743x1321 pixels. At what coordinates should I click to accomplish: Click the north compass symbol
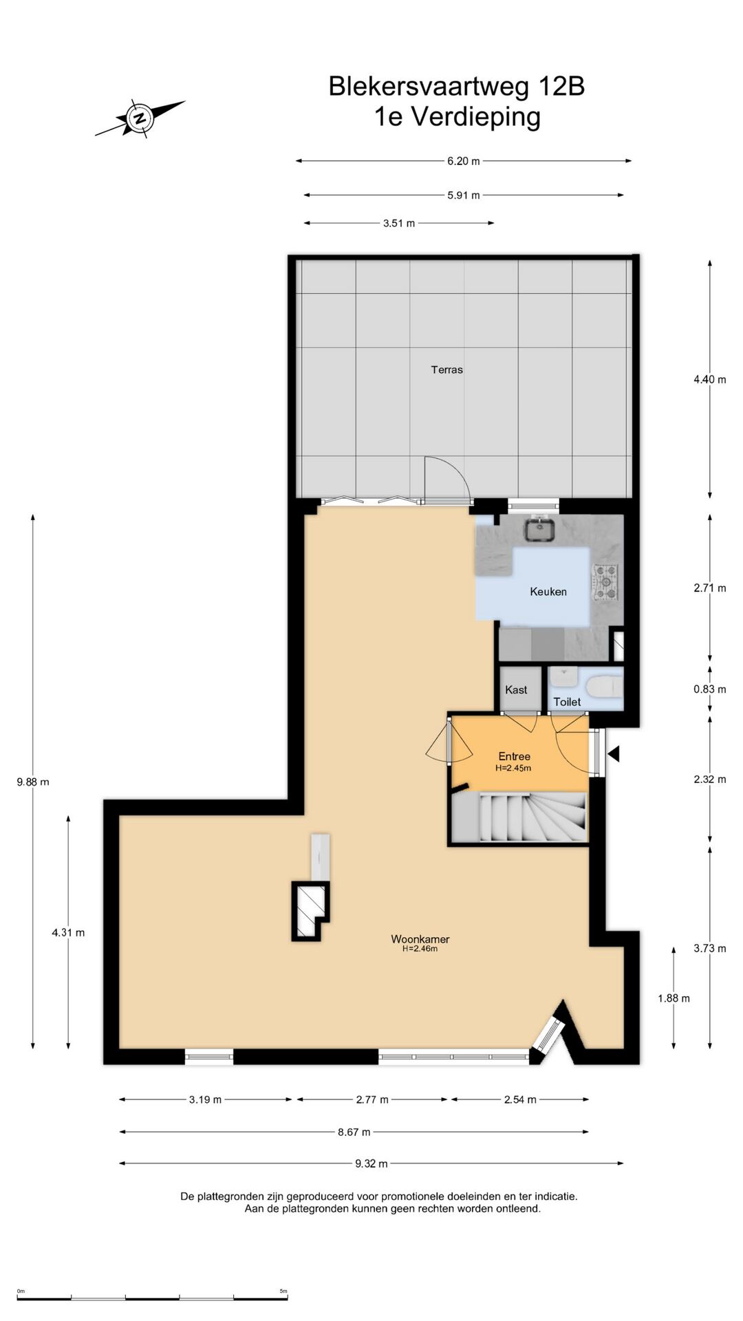(140, 118)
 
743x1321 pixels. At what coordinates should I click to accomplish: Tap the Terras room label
(447, 369)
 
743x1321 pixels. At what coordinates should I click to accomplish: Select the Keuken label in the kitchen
(548, 591)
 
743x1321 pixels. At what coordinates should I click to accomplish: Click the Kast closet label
(516, 689)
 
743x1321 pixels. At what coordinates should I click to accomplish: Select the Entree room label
(514, 756)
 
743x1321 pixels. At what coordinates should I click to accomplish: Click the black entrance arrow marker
(614, 754)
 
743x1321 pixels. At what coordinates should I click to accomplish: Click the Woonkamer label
(420, 938)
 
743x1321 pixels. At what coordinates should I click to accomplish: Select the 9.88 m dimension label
(33, 782)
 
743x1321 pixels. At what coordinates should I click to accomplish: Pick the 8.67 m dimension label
(354, 1132)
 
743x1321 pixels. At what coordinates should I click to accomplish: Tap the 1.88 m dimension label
(674, 998)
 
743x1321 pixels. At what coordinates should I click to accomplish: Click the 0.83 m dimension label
(710, 689)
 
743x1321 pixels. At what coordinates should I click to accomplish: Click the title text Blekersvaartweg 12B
(457, 87)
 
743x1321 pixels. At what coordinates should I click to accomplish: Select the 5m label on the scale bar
(283, 1291)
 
